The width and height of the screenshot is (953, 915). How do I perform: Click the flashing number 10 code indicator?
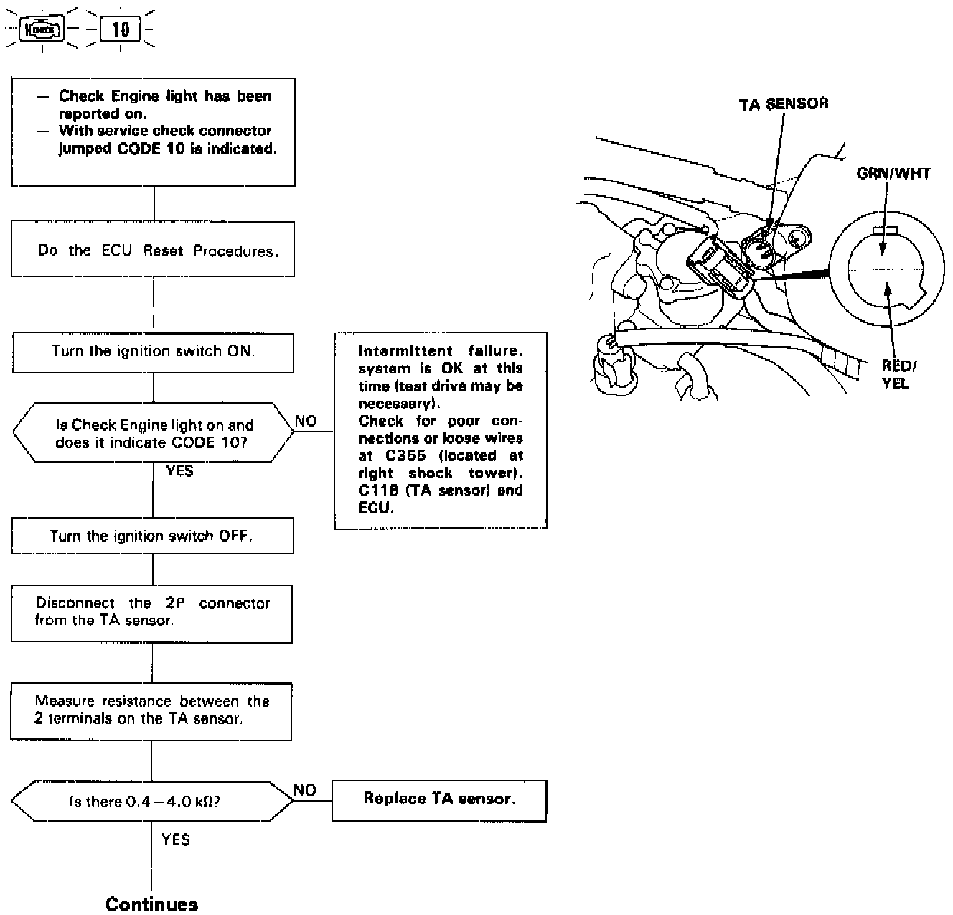pos(120,29)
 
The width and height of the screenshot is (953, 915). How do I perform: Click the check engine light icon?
pos(42,30)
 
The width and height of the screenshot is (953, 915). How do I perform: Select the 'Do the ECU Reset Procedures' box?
pos(153,249)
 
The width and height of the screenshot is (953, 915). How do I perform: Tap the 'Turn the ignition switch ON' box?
pos(153,352)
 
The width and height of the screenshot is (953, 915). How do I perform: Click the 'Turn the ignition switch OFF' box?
pos(152,536)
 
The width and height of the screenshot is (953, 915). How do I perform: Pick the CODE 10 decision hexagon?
pos(154,434)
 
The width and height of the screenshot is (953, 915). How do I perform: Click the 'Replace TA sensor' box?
pos(438,799)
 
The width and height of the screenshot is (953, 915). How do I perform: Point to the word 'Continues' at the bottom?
pos(151,904)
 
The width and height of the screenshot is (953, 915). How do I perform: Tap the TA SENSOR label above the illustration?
pos(783,104)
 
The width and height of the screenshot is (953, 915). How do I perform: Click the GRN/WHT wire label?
pos(893,173)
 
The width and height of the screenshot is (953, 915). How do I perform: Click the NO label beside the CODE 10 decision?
pos(306,421)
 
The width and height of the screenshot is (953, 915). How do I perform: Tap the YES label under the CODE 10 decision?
pos(179,472)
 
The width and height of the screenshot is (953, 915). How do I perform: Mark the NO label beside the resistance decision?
pos(305,790)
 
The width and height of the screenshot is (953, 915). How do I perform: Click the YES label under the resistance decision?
pos(176,839)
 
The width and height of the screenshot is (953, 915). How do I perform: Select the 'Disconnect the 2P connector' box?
pos(152,612)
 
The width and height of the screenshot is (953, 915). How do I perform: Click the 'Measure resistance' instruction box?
pos(151,710)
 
